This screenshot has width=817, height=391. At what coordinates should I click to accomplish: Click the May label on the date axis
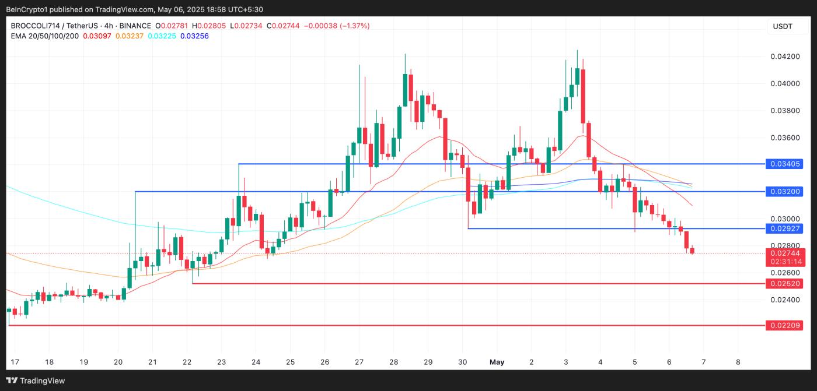(x=497, y=362)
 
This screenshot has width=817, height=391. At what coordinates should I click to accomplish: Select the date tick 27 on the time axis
(x=359, y=362)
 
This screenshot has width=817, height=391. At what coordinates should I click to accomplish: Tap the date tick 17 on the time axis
(x=15, y=362)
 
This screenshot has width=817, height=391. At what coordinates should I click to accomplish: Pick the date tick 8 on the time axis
(x=738, y=362)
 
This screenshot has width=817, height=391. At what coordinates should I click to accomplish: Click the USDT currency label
(x=782, y=26)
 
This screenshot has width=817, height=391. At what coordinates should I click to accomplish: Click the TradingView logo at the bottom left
(x=36, y=381)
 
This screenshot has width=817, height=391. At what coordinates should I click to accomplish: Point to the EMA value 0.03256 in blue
(x=194, y=36)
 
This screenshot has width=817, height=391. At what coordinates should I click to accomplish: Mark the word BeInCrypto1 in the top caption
(x=26, y=9)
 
